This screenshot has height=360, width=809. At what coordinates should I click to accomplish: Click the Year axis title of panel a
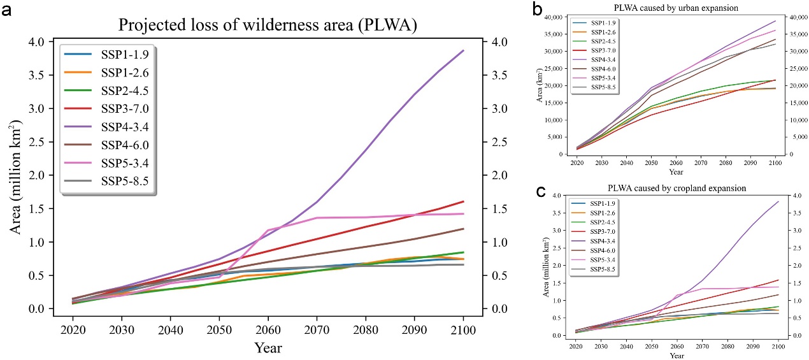click(268, 348)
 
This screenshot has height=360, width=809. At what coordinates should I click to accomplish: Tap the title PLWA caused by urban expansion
click(666, 8)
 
